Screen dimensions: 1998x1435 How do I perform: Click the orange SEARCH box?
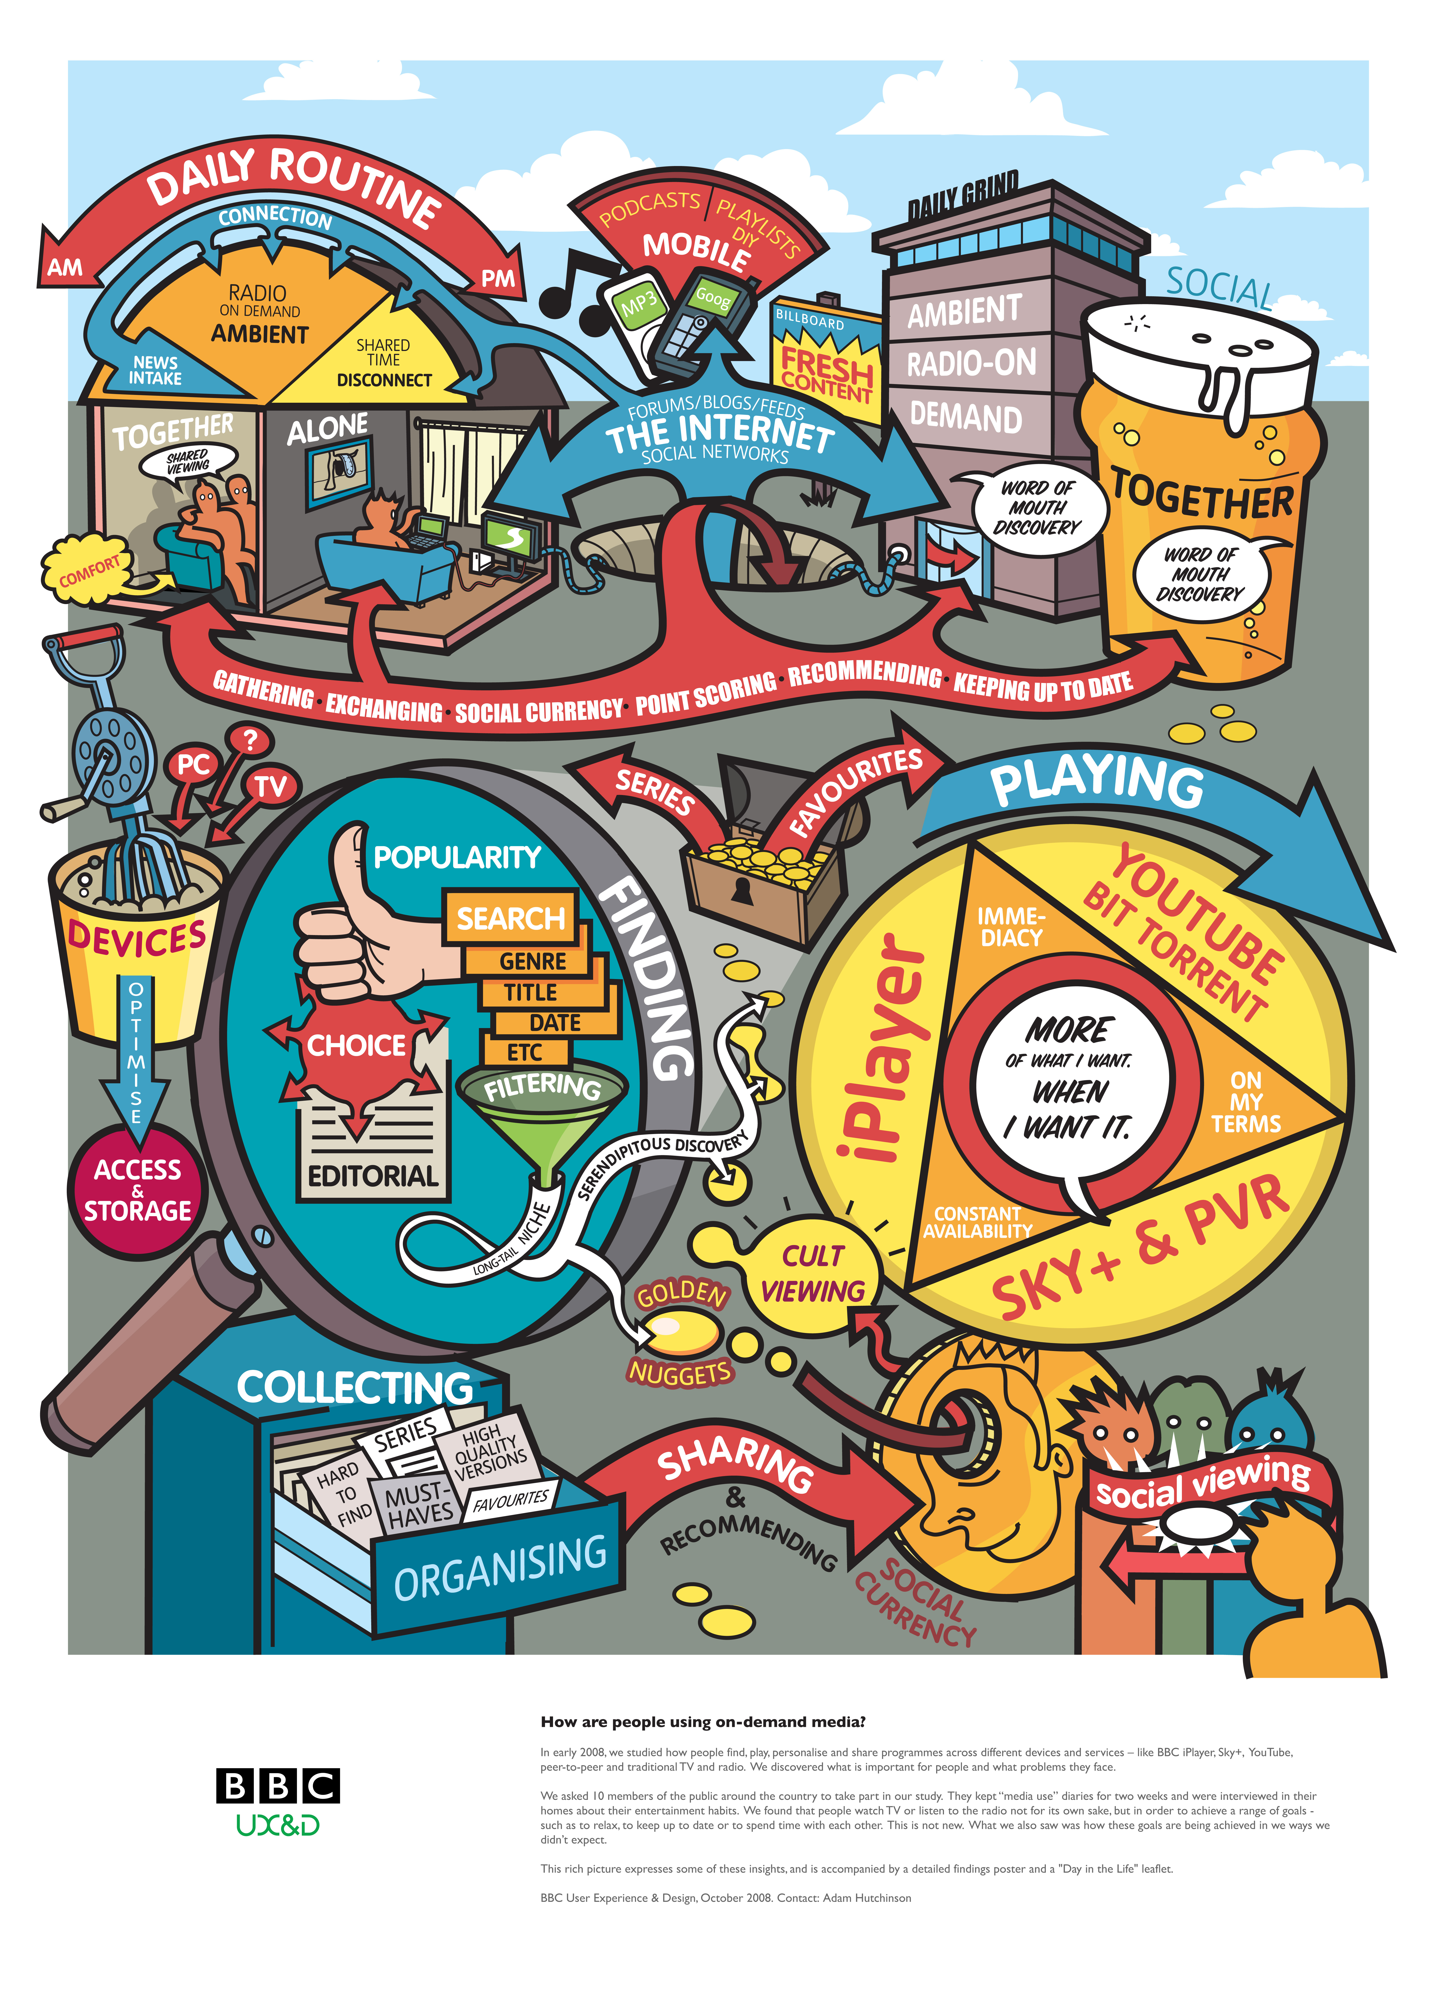click(510, 918)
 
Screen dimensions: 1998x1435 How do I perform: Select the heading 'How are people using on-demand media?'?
click(703, 1721)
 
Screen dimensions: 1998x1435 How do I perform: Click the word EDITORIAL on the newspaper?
click(373, 1176)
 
